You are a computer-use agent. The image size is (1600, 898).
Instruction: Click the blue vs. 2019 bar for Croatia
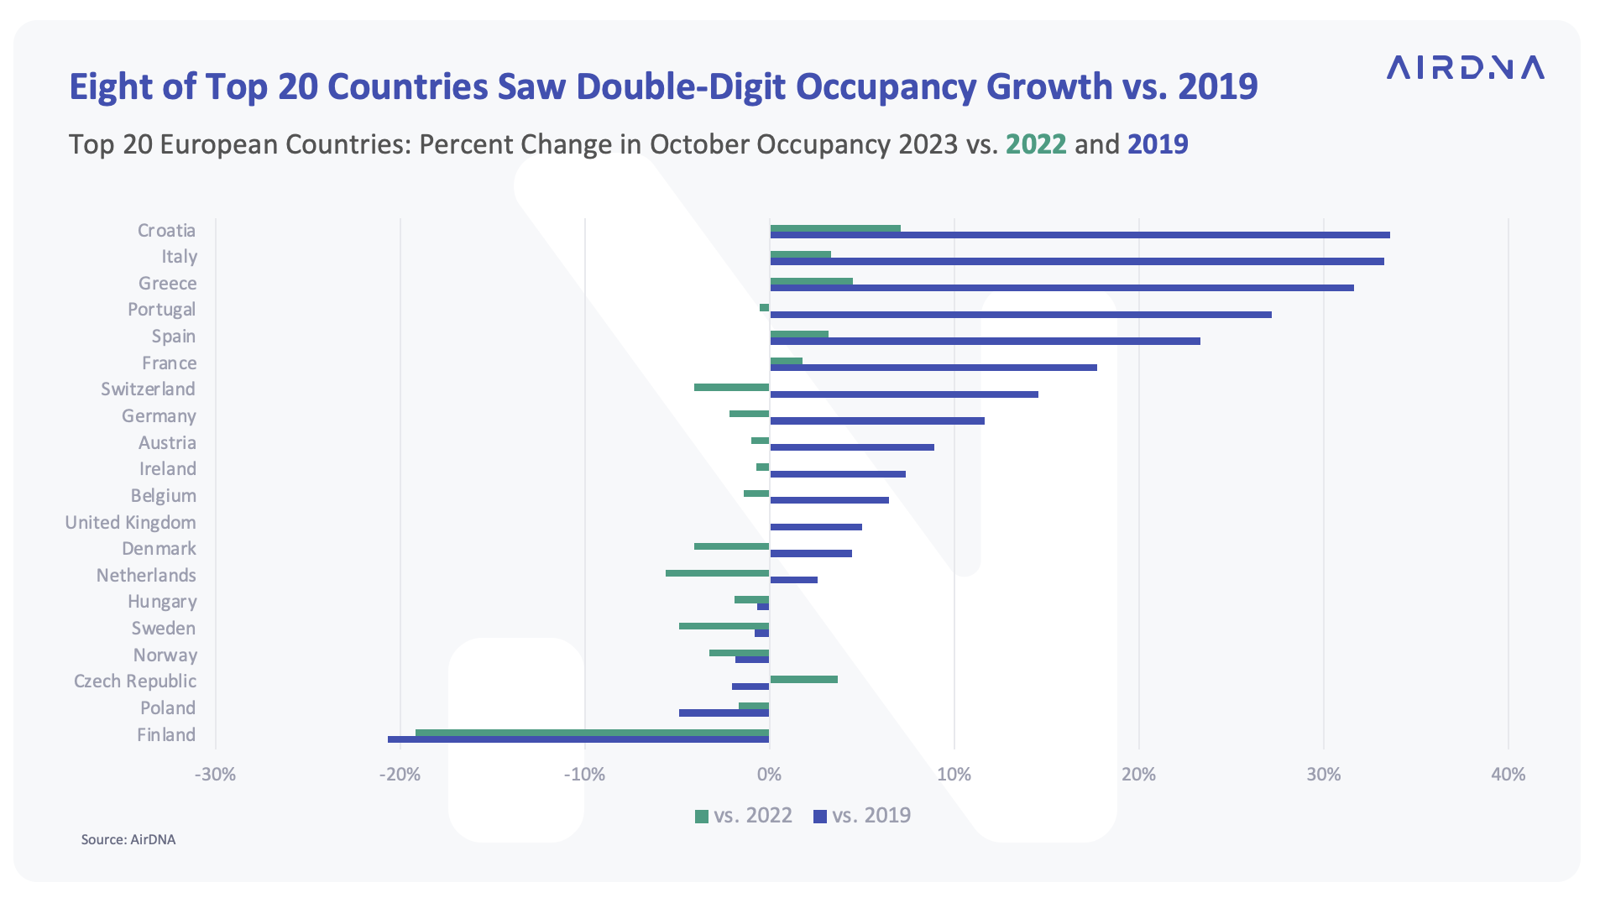pos(1080,235)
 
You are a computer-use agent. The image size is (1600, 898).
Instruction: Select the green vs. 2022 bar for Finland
pos(592,733)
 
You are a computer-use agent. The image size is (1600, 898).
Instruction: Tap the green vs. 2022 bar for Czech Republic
pos(803,679)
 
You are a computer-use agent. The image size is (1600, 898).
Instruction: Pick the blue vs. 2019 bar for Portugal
pos(1020,315)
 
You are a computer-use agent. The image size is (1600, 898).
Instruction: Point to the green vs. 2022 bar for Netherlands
pos(717,573)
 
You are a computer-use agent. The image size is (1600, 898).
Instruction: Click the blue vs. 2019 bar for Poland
pos(724,713)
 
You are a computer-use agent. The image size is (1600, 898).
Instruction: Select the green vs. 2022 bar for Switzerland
pos(731,387)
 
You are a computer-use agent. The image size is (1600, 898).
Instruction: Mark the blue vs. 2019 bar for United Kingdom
pos(815,527)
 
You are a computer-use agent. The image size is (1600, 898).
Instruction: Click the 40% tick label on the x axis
pos(1508,775)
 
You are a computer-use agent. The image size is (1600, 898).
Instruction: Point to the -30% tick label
pos(215,775)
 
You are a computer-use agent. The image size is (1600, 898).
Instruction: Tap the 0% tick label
pos(769,775)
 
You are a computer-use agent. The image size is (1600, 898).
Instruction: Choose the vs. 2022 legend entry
pos(744,816)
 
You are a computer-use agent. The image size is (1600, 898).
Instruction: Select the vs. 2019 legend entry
pos(862,816)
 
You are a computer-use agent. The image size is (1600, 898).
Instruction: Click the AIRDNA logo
pos(1465,67)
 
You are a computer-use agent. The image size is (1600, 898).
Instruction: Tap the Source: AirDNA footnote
pos(128,839)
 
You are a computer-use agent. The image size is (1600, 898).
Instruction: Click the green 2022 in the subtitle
pos(1036,144)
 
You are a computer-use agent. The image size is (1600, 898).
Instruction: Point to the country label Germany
pos(159,416)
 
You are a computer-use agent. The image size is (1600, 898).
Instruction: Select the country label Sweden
pos(163,629)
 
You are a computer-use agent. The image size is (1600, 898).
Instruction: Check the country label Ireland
pos(168,469)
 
